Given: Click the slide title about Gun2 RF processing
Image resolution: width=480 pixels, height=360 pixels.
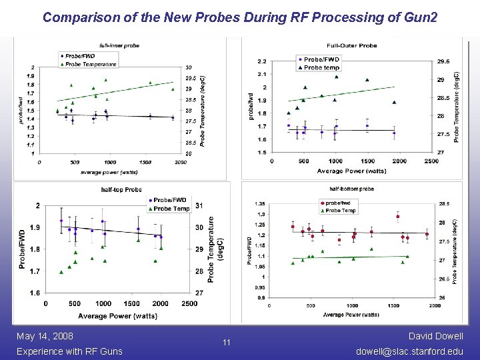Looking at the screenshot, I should (x=240, y=17).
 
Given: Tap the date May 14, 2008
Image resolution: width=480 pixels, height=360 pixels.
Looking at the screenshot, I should (x=45, y=336).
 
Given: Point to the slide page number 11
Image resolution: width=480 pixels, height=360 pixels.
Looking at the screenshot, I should (x=227, y=343).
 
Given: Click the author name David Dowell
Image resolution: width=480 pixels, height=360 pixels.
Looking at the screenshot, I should (x=436, y=336).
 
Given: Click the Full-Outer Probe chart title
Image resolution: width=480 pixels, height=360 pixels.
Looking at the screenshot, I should (x=354, y=46).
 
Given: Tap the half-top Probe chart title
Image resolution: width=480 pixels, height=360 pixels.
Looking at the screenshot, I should (x=121, y=190).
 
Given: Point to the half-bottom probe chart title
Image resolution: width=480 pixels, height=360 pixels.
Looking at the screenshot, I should (x=351, y=189).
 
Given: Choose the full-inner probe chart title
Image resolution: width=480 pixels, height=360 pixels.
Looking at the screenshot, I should (x=120, y=45).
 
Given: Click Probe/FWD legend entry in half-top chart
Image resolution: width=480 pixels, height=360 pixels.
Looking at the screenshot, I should (x=171, y=200).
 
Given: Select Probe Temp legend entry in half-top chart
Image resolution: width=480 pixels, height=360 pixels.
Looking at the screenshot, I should (x=171, y=208).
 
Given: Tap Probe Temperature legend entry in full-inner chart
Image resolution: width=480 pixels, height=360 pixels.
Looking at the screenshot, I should (x=91, y=65).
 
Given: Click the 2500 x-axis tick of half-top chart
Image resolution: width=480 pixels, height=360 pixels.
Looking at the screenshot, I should (x=189, y=303).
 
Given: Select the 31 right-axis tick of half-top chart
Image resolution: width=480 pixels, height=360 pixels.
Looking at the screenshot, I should (x=199, y=205).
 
